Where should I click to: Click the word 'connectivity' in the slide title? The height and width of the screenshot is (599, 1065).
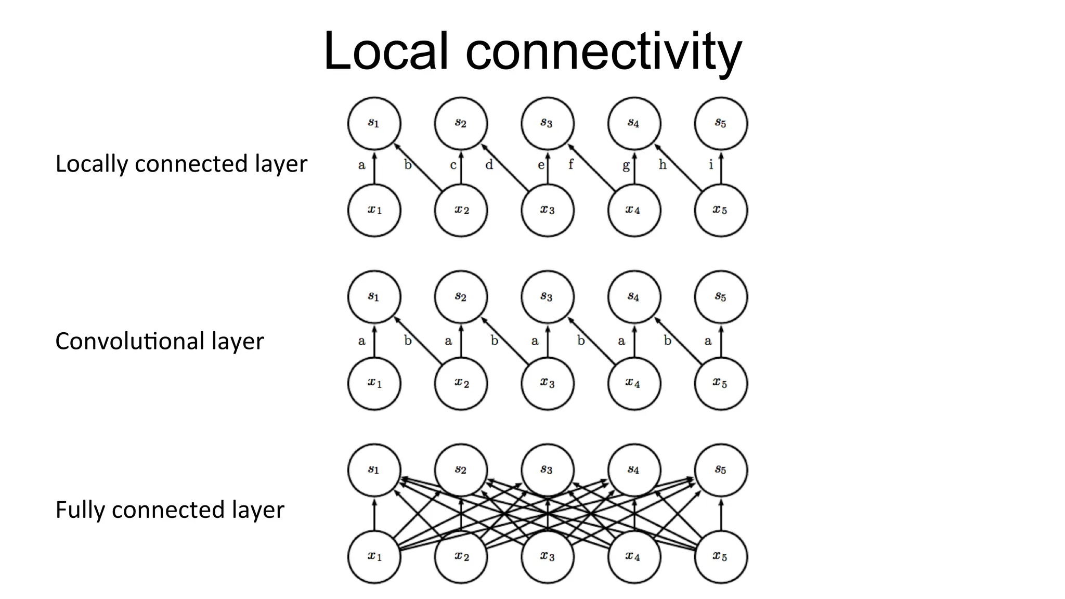[x=603, y=52]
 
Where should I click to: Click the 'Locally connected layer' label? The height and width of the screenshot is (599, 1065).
[x=181, y=164]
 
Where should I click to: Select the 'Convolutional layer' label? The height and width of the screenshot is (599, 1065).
[x=159, y=342]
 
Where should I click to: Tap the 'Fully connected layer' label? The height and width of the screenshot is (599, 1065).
[x=170, y=510]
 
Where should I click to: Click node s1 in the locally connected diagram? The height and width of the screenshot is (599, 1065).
[x=374, y=123]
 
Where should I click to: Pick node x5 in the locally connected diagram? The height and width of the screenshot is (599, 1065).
[x=721, y=210]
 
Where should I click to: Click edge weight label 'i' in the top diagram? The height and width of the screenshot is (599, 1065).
[x=711, y=165]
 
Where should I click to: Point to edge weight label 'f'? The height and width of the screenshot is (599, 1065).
[x=571, y=165]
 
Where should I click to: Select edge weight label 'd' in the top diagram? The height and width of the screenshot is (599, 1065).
[x=489, y=165]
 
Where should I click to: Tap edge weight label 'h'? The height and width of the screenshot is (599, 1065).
[x=663, y=165]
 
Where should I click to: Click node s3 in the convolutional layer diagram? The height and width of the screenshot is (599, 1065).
[x=547, y=297]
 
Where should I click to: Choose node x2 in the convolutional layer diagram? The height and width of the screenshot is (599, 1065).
[x=461, y=384]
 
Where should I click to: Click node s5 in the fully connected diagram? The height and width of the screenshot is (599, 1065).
[x=721, y=470]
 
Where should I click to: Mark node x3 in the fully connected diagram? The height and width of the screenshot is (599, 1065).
[x=547, y=557]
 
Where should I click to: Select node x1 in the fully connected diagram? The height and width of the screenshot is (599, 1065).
[x=374, y=557]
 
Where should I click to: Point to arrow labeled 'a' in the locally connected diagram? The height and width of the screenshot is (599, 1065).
[x=374, y=167]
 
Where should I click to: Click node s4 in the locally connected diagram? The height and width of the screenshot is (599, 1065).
[x=634, y=123]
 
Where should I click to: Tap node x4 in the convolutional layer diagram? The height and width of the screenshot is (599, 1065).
[x=634, y=384]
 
